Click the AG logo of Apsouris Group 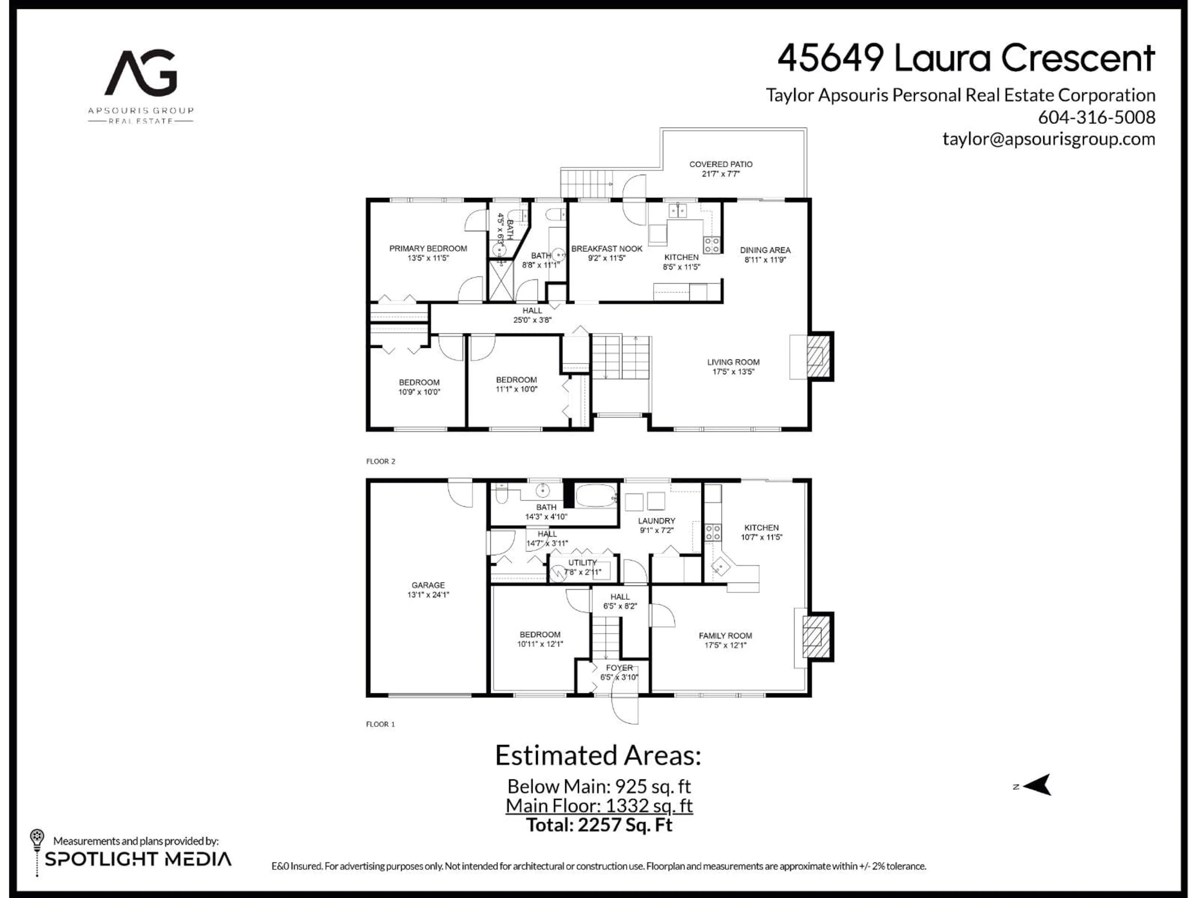tap(141, 73)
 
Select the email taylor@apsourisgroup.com tap(1048, 139)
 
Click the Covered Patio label tap(720, 164)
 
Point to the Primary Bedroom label tap(428, 249)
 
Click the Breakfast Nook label tap(607, 249)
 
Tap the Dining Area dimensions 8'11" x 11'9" tap(765, 260)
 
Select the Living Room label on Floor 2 tap(733, 362)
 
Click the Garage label tap(428, 585)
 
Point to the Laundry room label tap(656, 521)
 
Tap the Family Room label tap(725, 635)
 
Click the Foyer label tap(619, 667)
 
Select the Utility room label tap(582, 562)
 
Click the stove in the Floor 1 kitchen tap(713, 532)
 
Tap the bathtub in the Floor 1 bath tap(596, 495)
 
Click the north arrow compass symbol tap(1036, 785)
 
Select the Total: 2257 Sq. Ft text tap(599, 825)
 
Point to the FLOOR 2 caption tap(380, 461)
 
